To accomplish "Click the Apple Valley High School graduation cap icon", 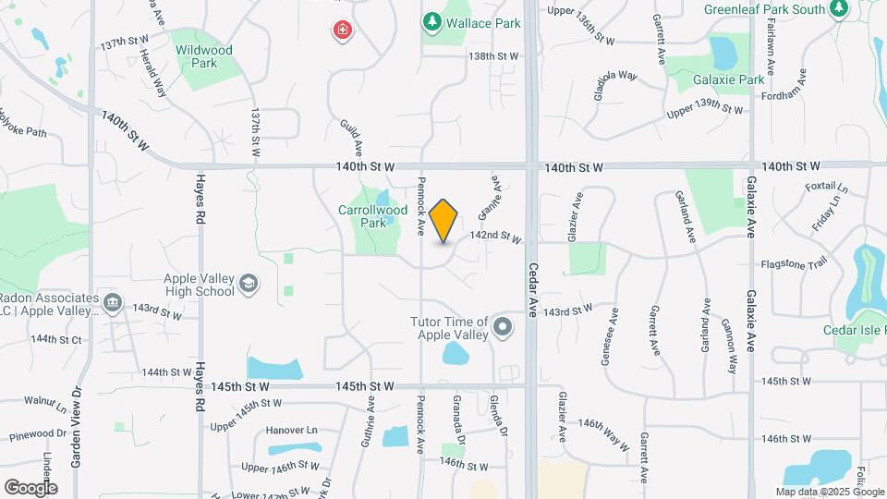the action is click(x=248, y=283).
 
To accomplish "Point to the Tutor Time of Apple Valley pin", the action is click(x=503, y=325).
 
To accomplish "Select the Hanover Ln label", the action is click(x=291, y=430).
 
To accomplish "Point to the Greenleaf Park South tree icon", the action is click(x=839, y=9).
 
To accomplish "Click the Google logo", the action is click(x=30, y=487).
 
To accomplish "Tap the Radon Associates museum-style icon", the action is click(x=113, y=301).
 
